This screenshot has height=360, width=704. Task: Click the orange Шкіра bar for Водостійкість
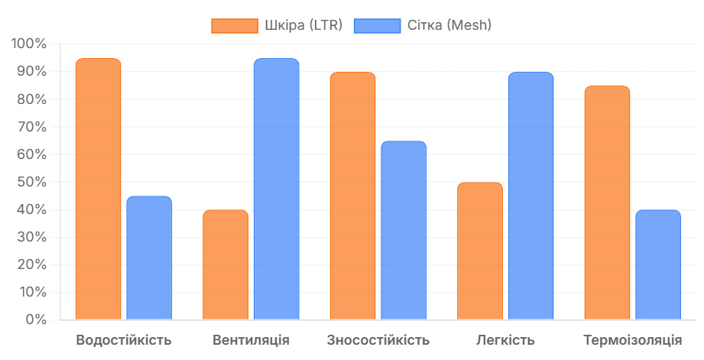pos(99,189)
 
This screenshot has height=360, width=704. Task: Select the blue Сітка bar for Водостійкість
pos(149,258)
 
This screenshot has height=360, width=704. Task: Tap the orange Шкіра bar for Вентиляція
pos(225,264)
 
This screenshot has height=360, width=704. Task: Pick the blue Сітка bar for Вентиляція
pos(276,189)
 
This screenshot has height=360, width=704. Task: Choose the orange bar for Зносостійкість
pos(352,196)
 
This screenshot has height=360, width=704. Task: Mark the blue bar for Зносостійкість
pos(404,230)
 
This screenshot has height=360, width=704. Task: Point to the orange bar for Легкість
pos(480,251)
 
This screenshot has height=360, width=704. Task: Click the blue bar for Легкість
pos(530,196)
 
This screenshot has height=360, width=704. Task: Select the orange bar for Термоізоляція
pos(607,203)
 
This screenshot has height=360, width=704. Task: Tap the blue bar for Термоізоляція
pos(657,264)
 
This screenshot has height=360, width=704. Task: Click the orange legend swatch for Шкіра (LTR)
pos(235,26)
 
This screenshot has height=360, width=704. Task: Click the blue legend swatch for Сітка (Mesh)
pos(378,26)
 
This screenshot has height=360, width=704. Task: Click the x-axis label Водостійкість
pos(124,340)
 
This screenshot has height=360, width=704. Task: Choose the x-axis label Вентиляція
pos(251,340)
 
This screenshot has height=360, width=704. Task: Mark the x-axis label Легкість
pos(505,340)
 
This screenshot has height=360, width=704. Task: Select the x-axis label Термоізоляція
pos(632,340)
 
